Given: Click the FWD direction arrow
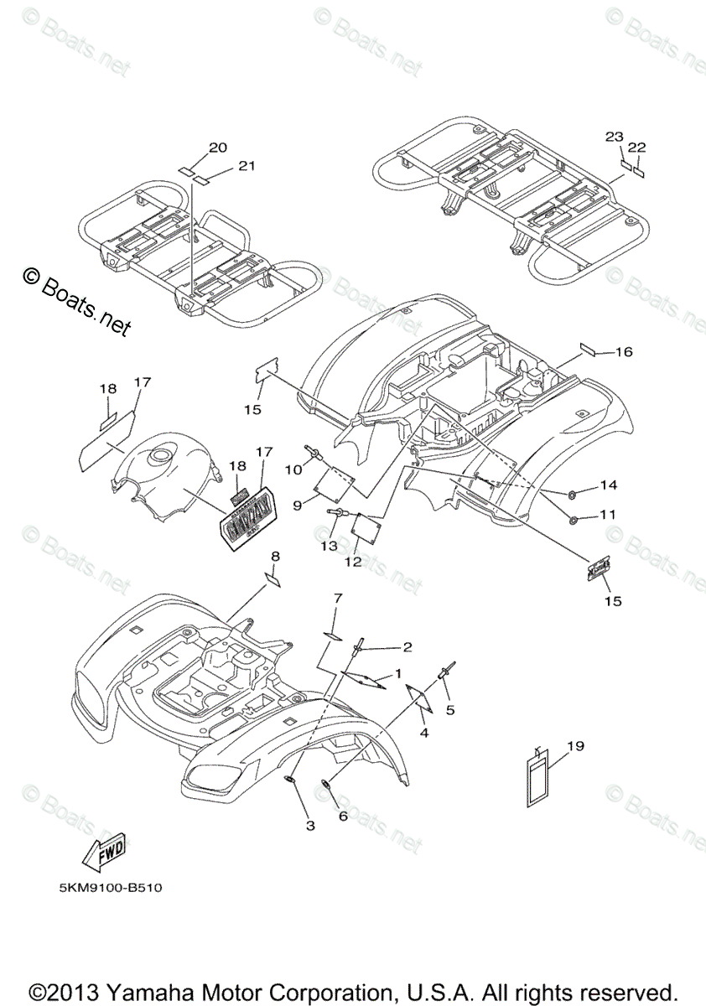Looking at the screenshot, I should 103,854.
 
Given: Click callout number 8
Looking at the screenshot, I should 275,557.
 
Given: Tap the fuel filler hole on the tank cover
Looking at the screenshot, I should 158,457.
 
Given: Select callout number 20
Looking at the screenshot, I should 218,148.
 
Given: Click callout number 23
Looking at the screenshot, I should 615,136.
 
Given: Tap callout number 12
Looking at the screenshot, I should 352,561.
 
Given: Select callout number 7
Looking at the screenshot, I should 338,599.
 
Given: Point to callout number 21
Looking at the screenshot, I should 245,166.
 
